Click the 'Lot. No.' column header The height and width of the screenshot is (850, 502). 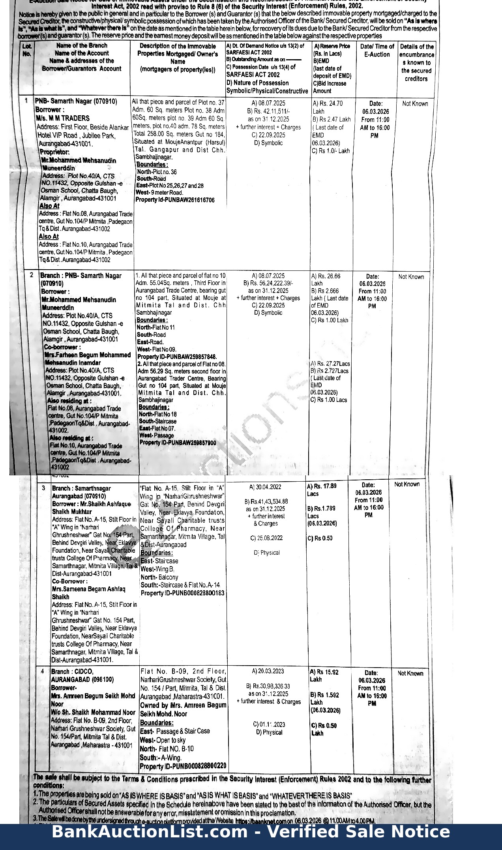[x=27, y=50]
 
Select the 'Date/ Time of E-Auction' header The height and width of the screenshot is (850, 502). [x=377, y=51]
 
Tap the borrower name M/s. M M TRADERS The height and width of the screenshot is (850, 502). [x=63, y=118]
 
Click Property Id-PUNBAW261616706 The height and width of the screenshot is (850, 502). [x=175, y=200]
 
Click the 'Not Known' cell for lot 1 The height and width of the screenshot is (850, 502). [x=415, y=104]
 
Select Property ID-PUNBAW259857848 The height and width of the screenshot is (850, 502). [x=177, y=357]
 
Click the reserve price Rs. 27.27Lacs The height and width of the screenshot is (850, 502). [x=330, y=364]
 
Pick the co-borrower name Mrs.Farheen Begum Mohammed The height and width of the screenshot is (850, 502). [x=88, y=355]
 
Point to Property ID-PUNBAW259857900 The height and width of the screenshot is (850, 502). [x=178, y=443]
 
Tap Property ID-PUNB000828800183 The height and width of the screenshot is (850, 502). [x=182, y=593]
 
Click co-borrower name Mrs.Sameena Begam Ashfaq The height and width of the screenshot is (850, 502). [x=88, y=589]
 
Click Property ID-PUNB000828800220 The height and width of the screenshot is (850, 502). [x=183, y=766]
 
